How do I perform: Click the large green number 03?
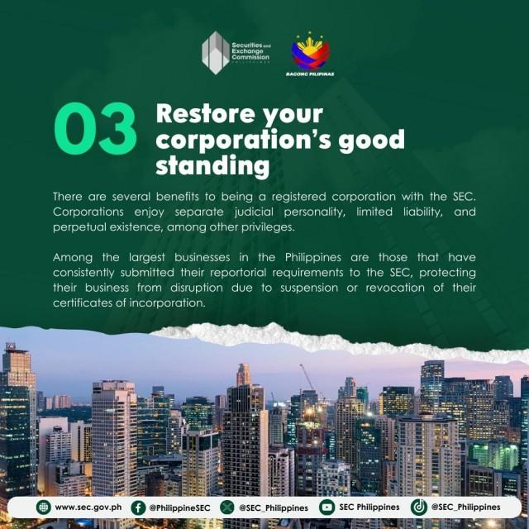(96, 128)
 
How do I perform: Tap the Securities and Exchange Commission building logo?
(216, 53)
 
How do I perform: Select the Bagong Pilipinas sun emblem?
(311, 50)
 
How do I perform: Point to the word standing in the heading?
(212, 165)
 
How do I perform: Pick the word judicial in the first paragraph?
(254, 212)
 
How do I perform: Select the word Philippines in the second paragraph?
(313, 258)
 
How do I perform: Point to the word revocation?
(395, 288)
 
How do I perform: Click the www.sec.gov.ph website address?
(88, 508)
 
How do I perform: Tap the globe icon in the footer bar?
(44, 507)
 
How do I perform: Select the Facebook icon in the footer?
(138, 508)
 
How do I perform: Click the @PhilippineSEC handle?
(180, 508)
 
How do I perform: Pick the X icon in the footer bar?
(227, 508)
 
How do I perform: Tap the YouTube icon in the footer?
(326, 508)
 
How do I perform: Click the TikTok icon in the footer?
(419, 508)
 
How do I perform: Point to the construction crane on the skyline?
(307, 378)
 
